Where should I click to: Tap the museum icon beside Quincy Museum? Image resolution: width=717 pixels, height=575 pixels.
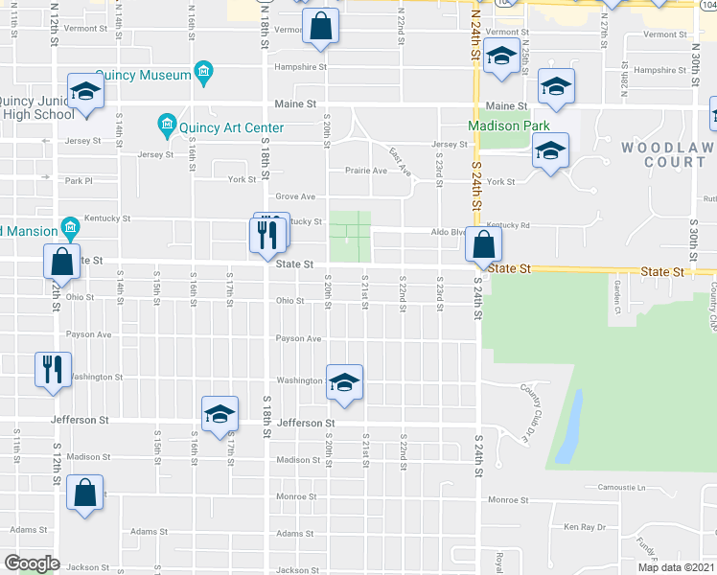click(x=202, y=72)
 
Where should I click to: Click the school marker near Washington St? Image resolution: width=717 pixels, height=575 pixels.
click(x=344, y=382)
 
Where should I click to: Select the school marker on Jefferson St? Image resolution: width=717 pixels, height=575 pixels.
click(x=220, y=413)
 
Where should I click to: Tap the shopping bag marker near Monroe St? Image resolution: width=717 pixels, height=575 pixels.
click(x=85, y=493)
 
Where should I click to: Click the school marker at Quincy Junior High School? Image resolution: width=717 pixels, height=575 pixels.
click(x=85, y=91)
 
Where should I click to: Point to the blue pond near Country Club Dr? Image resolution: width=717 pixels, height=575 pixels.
click(x=569, y=425)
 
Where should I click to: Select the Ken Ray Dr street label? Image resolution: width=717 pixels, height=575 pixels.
click(x=585, y=526)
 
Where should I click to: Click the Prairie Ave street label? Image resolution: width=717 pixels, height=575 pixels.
click(x=366, y=171)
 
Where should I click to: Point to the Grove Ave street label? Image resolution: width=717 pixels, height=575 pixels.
click(x=295, y=196)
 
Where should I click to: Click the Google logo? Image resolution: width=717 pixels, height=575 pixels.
click(x=32, y=563)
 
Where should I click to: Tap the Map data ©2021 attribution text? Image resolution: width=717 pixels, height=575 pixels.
click(x=675, y=567)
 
